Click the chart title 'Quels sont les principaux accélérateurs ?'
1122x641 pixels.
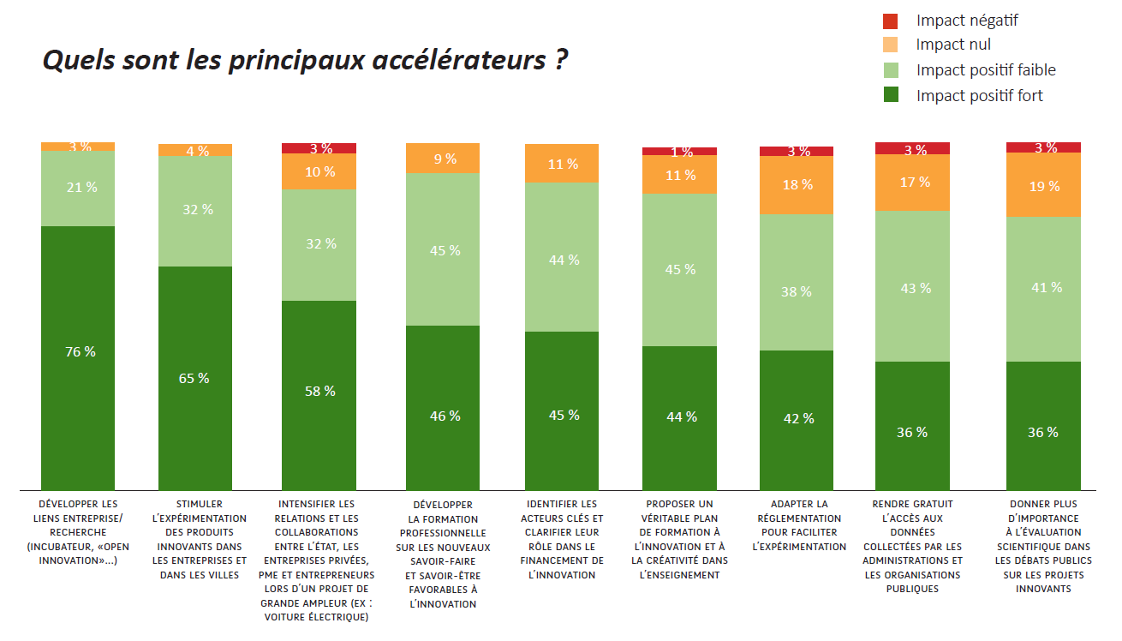point(305,61)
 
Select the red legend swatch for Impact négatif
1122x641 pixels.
point(891,21)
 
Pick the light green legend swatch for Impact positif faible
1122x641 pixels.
point(891,70)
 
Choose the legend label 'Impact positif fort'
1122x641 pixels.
point(979,96)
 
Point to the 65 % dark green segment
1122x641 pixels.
point(195,378)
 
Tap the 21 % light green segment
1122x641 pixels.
point(78,188)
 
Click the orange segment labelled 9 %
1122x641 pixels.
point(443,159)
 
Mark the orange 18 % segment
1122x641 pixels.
point(797,185)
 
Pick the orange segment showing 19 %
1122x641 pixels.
point(1043,185)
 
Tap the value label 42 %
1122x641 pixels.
point(797,418)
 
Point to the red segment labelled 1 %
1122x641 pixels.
point(680,152)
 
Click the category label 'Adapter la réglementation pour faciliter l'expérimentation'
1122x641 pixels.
point(799,524)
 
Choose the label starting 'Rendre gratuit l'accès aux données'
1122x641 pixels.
point(913,546)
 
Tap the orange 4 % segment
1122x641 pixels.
point(195,150)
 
